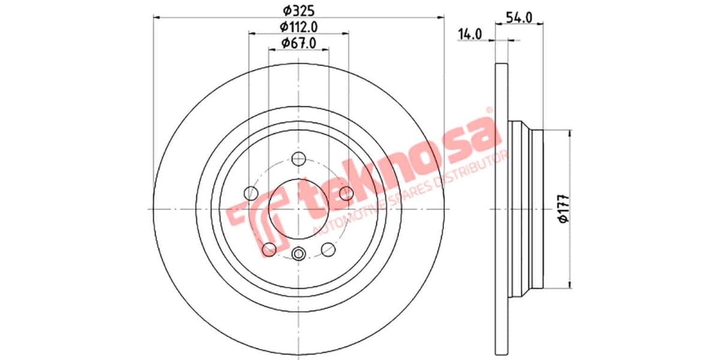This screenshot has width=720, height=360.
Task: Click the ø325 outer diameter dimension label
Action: [298, 10]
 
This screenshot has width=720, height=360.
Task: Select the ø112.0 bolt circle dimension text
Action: [298, 26]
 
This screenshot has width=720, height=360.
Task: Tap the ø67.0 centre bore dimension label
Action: [298, 43]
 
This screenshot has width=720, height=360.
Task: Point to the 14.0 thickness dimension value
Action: [470, 34]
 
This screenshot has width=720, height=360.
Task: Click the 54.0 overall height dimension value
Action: [520, 17]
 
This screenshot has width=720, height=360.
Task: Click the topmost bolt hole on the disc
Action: [299, 158]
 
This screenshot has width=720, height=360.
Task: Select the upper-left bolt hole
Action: [251, 193]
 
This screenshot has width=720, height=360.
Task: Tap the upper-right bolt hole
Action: [346, 193]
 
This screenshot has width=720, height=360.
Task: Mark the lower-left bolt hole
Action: [269, 248]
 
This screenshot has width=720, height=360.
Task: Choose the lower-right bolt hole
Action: [328, 248]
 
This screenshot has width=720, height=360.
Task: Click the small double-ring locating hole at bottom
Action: [299, 254]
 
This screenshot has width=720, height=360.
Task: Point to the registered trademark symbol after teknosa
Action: [489, 110]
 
